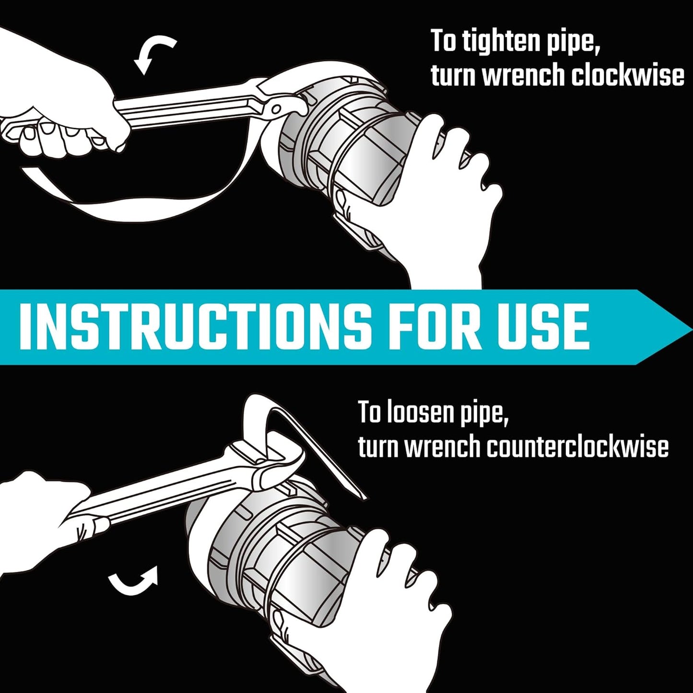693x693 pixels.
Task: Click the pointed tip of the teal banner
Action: click(691, 327)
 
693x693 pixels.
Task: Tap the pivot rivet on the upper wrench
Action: click(276, 107)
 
